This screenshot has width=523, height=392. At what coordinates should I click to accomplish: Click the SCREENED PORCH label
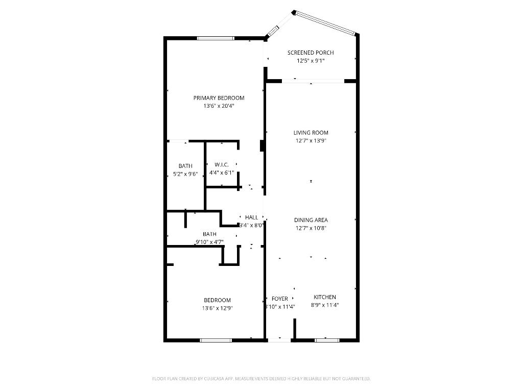[x=311, y=53]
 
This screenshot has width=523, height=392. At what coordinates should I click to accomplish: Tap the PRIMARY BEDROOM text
[x=219, y=98]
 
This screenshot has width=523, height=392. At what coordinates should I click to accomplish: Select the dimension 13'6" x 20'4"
[x=219, y=106]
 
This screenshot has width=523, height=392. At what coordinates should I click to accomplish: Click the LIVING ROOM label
[x=311, y=133]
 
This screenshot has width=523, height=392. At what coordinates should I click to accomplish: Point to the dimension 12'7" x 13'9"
[x=311, y=140]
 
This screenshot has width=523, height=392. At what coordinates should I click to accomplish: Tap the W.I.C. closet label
[x=221, y=164]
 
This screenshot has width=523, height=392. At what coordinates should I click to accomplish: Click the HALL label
[x=251, y=217]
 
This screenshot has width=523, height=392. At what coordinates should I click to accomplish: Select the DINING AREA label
[x=311, y=220]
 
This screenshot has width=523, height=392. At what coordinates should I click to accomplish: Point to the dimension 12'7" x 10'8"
[x=311, y=228]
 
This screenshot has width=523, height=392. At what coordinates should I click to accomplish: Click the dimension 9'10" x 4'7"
[x=209, y=242]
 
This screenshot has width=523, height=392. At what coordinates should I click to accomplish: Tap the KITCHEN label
[x=325, y=297]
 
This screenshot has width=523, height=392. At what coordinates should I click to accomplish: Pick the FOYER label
[x=280, y=299]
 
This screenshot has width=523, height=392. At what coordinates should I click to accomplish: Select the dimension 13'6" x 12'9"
[x=217, y=308]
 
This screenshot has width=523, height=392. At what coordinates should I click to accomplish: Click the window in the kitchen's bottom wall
[x=327, y=340]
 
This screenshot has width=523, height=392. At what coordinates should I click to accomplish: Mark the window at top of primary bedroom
[x=216, y=38]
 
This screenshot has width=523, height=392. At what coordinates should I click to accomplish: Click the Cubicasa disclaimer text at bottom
[x=261, y=379]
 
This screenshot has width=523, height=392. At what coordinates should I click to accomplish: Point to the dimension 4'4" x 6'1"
[x=221, y=173]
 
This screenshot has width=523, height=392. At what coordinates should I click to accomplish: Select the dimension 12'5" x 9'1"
[x=311, y=61]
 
